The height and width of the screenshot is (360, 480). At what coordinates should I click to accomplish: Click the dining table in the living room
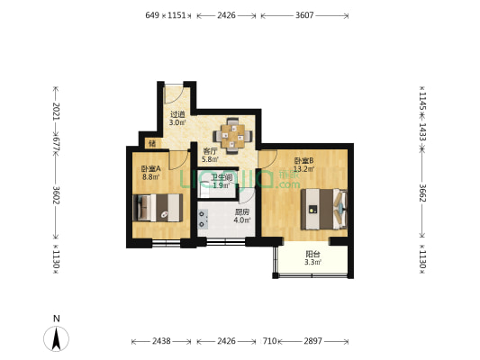pyautogui.click(x=232, y=133)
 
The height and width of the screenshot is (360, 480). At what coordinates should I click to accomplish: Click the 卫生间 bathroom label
pyautogui.click(x=222, y=177)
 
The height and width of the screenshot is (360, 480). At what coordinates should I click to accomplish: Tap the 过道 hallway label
pyautogui.click(x=177, y=114)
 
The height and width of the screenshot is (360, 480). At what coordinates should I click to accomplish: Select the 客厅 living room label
pyautogui.click(x=210, y=151)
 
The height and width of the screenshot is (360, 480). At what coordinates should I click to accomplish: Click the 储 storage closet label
pyautogui.click(x=152, y=143)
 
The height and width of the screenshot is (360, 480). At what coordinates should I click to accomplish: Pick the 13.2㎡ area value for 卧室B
pyautogui.click(x=303, y=168)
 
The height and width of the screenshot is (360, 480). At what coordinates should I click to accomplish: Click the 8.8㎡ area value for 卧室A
pyautogui.click(x=150, y=176)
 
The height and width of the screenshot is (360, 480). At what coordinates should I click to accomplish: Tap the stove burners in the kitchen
pyautogui.click(x=203, y=219)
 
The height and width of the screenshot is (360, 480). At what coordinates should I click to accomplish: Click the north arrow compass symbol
pyautogui.click(x=57, y=338)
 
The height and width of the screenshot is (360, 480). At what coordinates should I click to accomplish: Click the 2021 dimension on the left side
pyautogui.click(x=56, y=112)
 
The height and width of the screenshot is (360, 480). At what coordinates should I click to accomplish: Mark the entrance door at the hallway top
pyautogui.click(x=177, y=88)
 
